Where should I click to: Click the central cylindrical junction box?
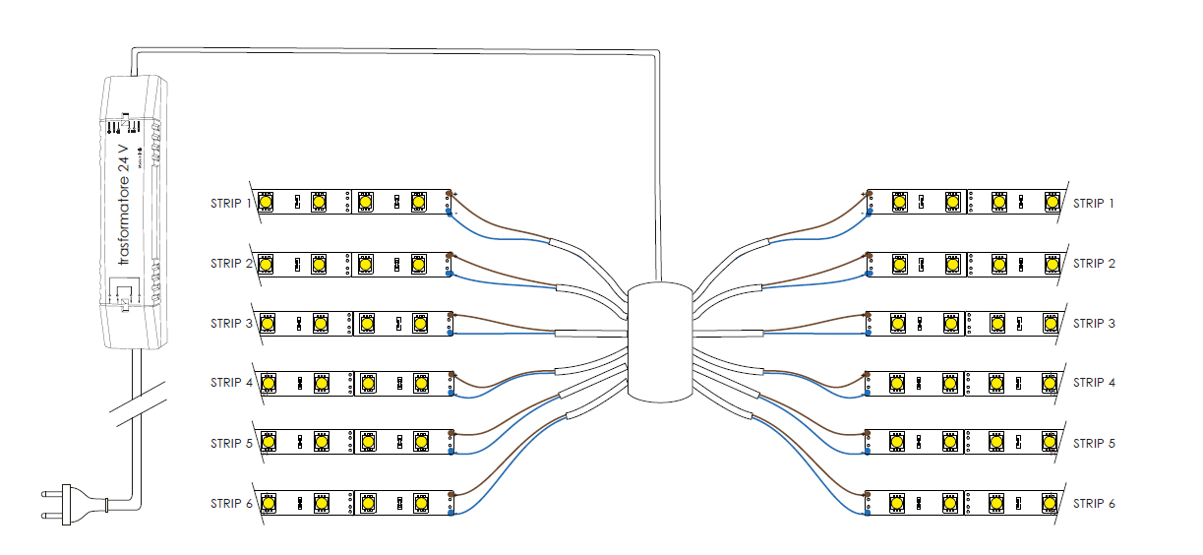pos(660,342)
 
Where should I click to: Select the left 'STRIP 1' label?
pos(231,204)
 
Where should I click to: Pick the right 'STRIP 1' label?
pos(1094,204)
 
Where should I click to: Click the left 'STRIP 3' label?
pos(231,324)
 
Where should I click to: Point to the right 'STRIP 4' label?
pos(1094,383)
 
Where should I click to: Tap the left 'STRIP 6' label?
pos(231,504)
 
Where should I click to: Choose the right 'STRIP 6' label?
pos(1094,504)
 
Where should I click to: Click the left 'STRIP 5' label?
pos(231,444)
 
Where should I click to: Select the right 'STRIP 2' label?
pos(1094,264)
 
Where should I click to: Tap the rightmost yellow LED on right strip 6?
pos(1050,503)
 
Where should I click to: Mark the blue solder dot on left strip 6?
pos(451,512)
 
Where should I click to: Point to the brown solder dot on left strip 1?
pos(450,194)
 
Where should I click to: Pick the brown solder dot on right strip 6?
pos(868,495)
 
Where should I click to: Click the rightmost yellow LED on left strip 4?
pos(420,383)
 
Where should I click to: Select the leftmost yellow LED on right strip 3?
pos(897,323)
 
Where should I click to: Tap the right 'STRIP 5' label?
pos(1094,444)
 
